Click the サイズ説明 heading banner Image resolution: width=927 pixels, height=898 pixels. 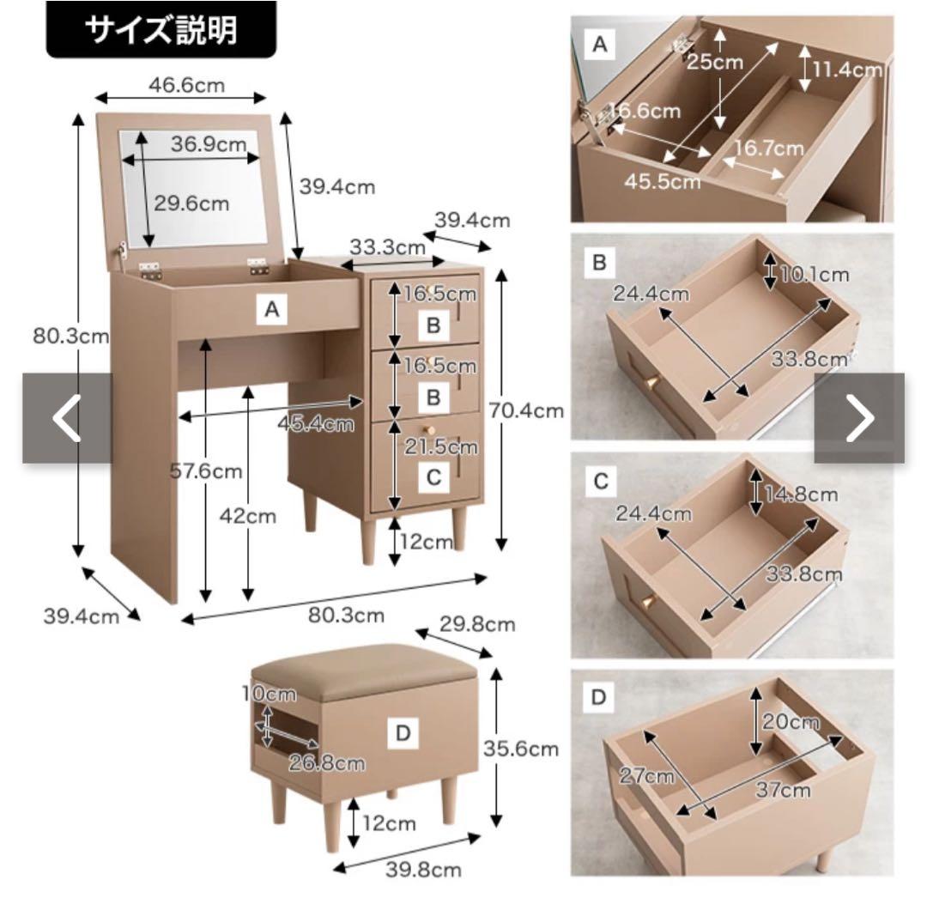pos(161,30)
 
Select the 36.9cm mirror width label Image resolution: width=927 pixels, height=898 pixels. pos(209,144)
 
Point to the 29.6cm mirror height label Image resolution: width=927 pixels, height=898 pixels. pos(191,203)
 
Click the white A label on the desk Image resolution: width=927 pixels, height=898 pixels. pos(272,311)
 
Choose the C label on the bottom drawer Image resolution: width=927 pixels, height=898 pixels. pos(433,477)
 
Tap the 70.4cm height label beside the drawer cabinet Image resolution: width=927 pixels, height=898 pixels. pos(526,410)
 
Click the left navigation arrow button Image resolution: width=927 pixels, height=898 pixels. pos(67,418)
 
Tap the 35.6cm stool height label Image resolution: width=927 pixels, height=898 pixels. pos(521,749)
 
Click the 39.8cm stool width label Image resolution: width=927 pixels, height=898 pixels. pos(422,870)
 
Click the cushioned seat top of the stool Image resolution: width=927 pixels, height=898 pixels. pos(360,667)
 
